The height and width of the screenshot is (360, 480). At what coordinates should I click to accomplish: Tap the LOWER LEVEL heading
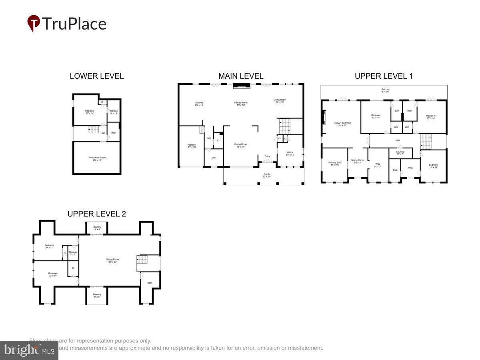(97, 76)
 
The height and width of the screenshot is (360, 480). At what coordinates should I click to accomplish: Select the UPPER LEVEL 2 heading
(97, 214)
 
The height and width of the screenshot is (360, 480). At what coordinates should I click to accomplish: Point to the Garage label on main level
(192, 146)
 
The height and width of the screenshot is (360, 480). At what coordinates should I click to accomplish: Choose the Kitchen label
(199, 104)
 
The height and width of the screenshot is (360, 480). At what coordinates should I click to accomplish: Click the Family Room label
(241, 104)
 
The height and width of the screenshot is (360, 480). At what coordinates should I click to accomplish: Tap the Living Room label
(280, 101)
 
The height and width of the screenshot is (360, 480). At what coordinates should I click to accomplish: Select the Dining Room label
(241, 146)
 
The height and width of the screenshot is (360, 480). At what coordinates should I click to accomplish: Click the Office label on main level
(290, 154)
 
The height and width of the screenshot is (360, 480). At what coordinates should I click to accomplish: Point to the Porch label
(267, 175)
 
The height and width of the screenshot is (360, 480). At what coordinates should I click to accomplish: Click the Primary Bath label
(334, 164)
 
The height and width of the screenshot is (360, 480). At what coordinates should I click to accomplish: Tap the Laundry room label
(400, 153)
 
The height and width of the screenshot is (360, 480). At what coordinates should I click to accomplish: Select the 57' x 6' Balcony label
(385, 90)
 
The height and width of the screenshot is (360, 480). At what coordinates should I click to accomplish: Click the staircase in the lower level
(93, 130)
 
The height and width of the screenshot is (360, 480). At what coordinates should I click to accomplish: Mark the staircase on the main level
(284, 126)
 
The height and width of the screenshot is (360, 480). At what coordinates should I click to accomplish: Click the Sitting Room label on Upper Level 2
(113, 261)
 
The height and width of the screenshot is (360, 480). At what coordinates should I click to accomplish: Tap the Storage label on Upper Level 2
(73, 253)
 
